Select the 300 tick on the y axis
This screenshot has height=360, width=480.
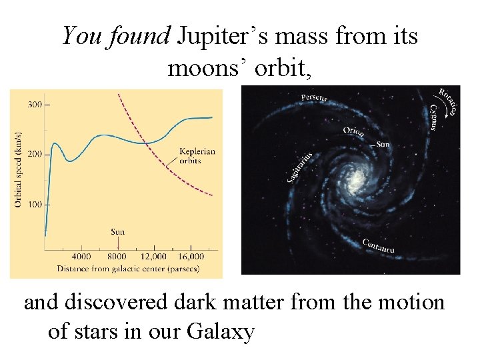tap(35, 104)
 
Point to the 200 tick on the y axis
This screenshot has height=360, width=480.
tap(35, 154)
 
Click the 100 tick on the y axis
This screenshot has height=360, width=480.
tap(35, 203)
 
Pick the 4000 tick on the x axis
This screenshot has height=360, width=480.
tap(81, 257)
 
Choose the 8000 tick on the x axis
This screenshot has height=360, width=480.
tap(117, 257)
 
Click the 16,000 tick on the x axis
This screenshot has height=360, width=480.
tap(191, 257)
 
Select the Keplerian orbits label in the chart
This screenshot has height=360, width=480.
tap(197, 156)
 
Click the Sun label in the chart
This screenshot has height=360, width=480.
tap(117, 232)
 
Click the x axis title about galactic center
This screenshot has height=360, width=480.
tap(128, 269)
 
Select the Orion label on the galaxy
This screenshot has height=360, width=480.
tap(353, 131)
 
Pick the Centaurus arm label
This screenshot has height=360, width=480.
tap(379, 246)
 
